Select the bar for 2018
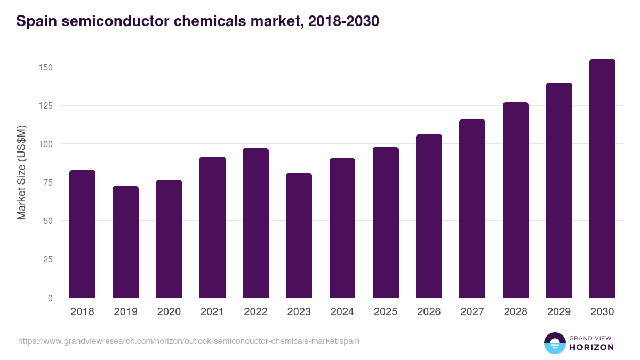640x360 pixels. pyautogui.click(x=82, y=234)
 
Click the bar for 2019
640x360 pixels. pyautogui.click(x=126, y=242)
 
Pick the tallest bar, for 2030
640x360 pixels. pyautogui.click(x=602, y=179)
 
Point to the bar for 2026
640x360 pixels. pyautogui.click(x=429, y=216)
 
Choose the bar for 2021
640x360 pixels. pyautogui.click(x=212, y=227)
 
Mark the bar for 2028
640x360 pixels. pyautogui.click(x=515, y=200)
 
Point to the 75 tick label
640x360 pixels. pyautogui.click(x=48, y=182)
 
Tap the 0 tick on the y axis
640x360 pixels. pyautogui.click(x=50, y=298)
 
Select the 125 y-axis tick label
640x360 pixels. pyautogui.click(x=46, y=106)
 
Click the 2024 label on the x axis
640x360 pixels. pyautogui.click(x=342, y=312)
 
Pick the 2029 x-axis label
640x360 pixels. pyautogui.click(x=558, y=312)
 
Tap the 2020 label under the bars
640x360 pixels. pyautogui.click(x=169, y=312)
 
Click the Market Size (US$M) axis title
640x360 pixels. pyautogui.click(x=21, y=173)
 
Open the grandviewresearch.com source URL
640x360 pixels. pyautogui.click(x=188, y=341)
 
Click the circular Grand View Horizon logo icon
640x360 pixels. pyautogui.click(x=554, y=343)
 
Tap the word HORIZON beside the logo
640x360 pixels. pyautogui.click(x=591, y=347)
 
